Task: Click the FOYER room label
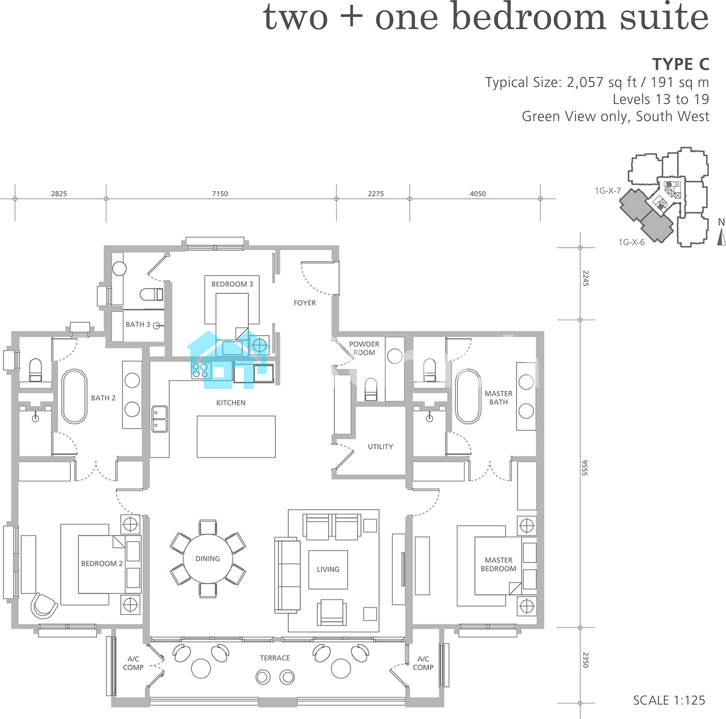(304, 303)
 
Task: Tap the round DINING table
(207, 558)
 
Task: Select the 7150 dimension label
(220, 194)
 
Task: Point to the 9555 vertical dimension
(584, 468)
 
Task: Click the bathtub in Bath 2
(74, 396)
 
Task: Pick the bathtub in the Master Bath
(468, 396)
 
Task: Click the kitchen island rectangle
(236, 437)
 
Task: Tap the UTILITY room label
(380, 447)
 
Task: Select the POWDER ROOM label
(364, 348)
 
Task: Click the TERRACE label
(275, 658)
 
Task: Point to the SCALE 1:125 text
(669, 700)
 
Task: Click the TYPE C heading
(681, 64)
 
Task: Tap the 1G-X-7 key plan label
(608, 191)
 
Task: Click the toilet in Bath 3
(151, 294)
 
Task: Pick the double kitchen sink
(160, 419)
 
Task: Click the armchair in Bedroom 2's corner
(45, 606)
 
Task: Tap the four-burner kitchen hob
(201, 370)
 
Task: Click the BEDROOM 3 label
(232, 284)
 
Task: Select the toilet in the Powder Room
(371, 389)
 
